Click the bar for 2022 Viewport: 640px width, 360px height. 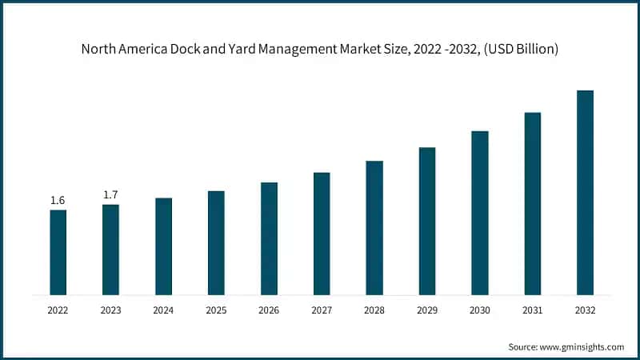tap(58, 252)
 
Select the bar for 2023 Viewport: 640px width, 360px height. tap(110, 250)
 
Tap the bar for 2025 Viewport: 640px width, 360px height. tap(216, 242)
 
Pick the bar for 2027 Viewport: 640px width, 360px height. tap(322, 233)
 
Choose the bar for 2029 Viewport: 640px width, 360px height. tap(427, 221)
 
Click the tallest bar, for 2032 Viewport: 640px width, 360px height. tap(585, 192)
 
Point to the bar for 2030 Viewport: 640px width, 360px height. tap(480, 213)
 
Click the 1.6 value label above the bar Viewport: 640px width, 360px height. tap(58, 200)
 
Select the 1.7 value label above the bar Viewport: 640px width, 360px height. tap(110, 194)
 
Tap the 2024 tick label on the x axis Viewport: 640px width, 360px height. tap(163, 310)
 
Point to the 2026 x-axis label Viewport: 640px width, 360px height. tap(269, 310)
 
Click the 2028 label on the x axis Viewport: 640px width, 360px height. tap(374, 310)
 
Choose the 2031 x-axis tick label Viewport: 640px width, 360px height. tap(533, 310)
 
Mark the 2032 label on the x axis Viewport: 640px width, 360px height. tap(585, 310)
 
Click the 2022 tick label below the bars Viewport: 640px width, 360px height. tap(58, 310)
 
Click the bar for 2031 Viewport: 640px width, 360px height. tap(533, 203)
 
